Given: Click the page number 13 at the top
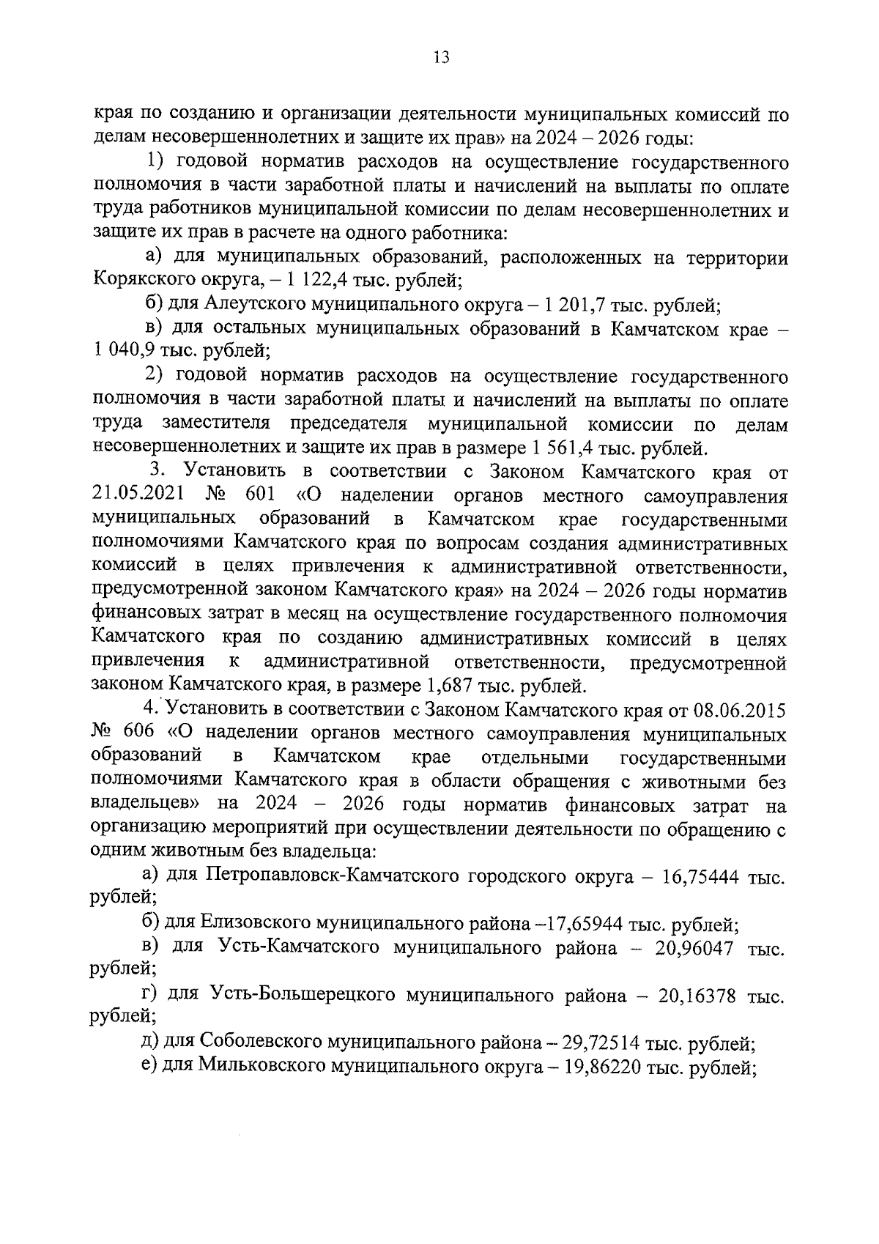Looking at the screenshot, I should (x=440, y=58).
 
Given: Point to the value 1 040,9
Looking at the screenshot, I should (x=123, y=351).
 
